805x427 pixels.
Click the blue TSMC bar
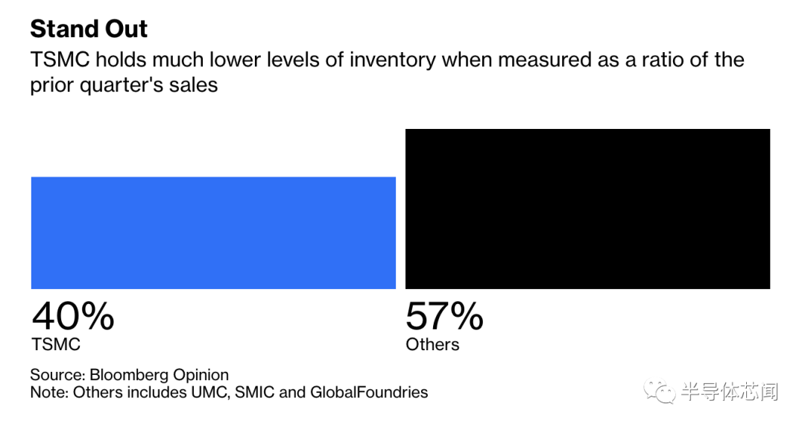tap(213, 233)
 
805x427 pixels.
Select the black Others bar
tap(587, 209)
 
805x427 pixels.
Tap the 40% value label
tap(72, 316)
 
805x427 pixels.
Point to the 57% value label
tap(444, 316)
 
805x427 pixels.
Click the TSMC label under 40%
tap(55, 344)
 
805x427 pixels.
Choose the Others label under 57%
tap(432, 344)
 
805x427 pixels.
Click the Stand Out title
tap(89, 29)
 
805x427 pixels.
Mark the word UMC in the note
tap(209, 392)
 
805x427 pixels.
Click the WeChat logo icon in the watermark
tap(659, 390)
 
